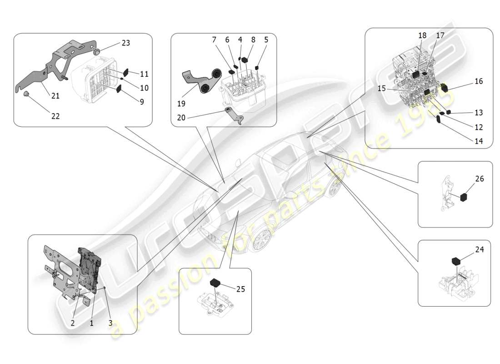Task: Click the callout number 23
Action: pyautogui.click(x=125, y=43)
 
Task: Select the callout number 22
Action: pyautogui.click(x=55, y=116)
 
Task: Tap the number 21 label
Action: pyautogui.click(x=55, y=96)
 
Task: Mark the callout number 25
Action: pyautogui.click(x=240, y=289)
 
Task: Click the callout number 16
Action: pyautogui.click(x=478, y=81)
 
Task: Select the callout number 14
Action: pyautogui.click(x=479, y=141)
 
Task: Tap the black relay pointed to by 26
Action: pyautogui.click(x=464, y=197)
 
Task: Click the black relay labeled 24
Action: pyautogui.click(x=456, y=261)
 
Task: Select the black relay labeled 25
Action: pyautogui.click(x=215, y=282)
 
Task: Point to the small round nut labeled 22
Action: pyautogui.click(x=27, y=94)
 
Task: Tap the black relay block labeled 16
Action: pyautogui.click(x=444, y=88)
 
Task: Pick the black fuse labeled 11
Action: pyautogui.click(x=127, y=72)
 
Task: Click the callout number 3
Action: pyautogui.click(x=110, y=323)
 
